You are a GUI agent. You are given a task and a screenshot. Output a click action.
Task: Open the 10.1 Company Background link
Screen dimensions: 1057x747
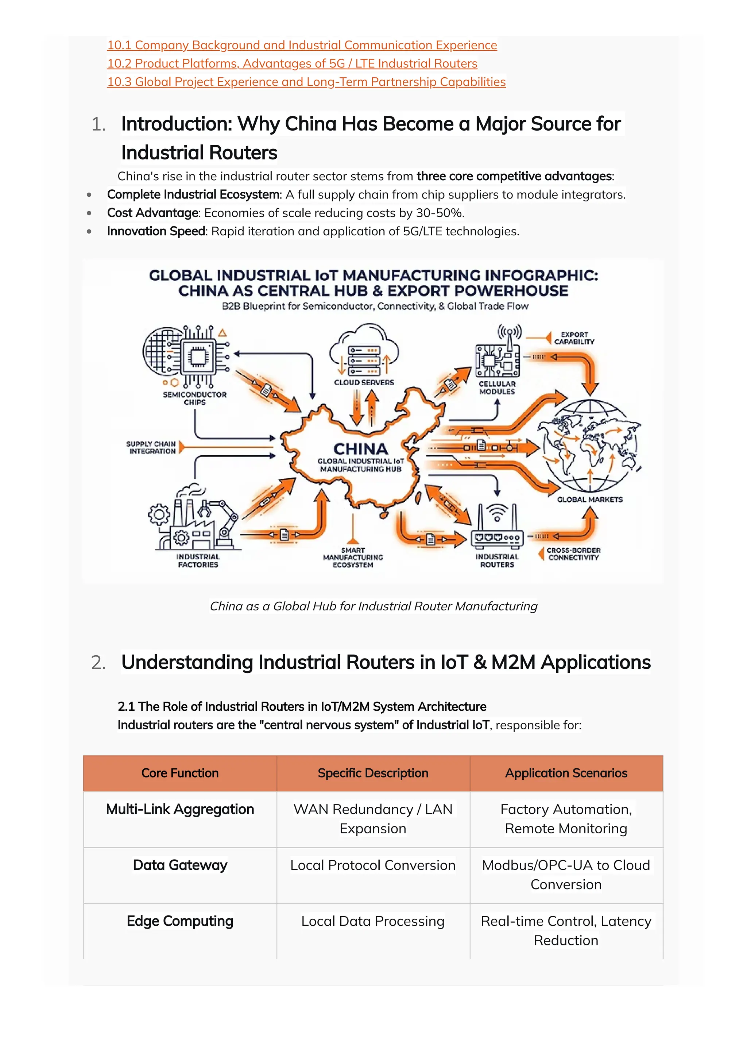[x=302, y=45]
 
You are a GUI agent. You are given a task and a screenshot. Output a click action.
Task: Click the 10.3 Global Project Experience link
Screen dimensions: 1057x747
[x=306, y=82]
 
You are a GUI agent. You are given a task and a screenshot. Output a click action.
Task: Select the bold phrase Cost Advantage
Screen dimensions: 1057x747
[x=152, y=213]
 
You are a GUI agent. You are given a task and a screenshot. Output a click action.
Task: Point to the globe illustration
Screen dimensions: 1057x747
[x=591, y=446]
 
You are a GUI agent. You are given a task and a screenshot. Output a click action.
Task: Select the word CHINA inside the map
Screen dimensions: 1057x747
[x=360, y=449]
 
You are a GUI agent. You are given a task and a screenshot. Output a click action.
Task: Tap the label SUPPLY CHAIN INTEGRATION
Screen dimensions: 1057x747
[x=151, y=447]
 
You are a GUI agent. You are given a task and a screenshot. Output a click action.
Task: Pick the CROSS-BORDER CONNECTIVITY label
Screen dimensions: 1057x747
[x=573, y=554]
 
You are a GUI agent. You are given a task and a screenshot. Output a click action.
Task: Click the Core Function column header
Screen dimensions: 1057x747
[x=180, y=773]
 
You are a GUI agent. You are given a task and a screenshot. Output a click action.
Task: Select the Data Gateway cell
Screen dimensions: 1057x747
[x=180, y=865]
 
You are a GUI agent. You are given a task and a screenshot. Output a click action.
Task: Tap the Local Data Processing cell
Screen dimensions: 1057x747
[x=373, y=921]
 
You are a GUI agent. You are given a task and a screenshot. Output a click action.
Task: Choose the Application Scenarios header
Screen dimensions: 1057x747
[x=566, y=773]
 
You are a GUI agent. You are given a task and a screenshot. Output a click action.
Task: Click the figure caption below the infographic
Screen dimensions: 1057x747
[x=373, y=606]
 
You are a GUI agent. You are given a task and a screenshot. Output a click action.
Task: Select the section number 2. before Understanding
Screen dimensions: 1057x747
[x=98, y=663]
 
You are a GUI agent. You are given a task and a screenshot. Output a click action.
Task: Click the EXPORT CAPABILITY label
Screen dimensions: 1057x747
[x=574, y=338]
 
